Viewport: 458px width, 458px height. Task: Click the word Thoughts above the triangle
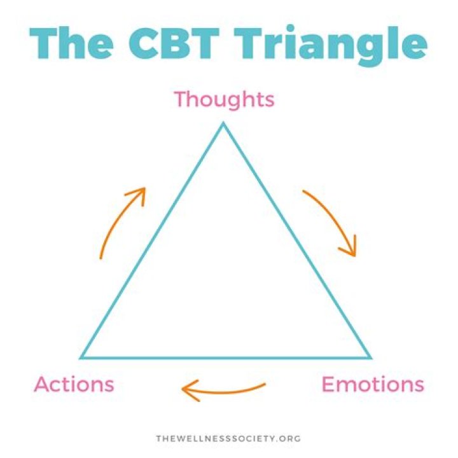(x=224, y=100)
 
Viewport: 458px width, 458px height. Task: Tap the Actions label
(x=74, y=384)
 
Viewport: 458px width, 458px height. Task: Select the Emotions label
(x=372, y=384)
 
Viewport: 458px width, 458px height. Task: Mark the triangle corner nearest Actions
(x=81, y=357)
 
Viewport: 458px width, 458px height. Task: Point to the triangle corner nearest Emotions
(x=369, y=357)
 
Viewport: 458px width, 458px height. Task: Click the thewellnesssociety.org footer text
(x=228, y=438)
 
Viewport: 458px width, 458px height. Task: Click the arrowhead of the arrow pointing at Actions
(x=187, y=390)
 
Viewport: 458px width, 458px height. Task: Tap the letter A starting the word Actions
(x=43, y=384)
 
